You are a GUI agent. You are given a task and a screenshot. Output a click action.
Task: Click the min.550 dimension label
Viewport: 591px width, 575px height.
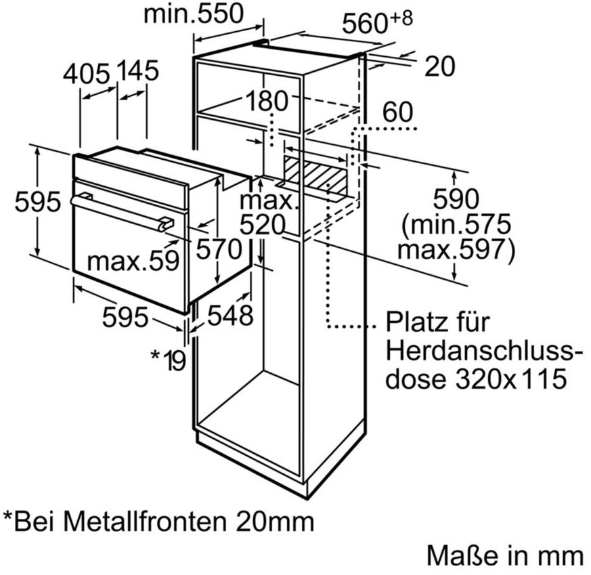coord(194,14)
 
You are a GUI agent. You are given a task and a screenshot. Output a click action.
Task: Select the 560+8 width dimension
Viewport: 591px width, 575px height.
coord(377,22)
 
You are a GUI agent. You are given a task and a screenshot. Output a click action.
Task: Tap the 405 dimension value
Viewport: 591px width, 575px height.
coord(86,74)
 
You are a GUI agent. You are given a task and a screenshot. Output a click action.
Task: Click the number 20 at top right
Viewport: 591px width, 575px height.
coord(440,66)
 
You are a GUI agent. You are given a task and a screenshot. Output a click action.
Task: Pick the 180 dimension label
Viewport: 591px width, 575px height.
coord(267,101)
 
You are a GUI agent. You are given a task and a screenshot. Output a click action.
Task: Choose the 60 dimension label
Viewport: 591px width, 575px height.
coord(397,112)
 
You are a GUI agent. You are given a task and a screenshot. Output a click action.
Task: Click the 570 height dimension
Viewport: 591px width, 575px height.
coord(219,249)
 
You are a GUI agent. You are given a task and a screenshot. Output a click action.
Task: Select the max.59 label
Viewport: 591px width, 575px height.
coord(133,261)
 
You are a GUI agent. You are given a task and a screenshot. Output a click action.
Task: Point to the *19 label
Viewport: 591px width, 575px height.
coord(169,360)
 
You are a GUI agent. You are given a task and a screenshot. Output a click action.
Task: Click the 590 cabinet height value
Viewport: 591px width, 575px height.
coord(456,199)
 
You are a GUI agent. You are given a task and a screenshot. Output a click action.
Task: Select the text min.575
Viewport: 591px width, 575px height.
coord(456,224)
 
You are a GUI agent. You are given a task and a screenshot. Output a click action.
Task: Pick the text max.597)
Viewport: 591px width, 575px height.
coord(456,249)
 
